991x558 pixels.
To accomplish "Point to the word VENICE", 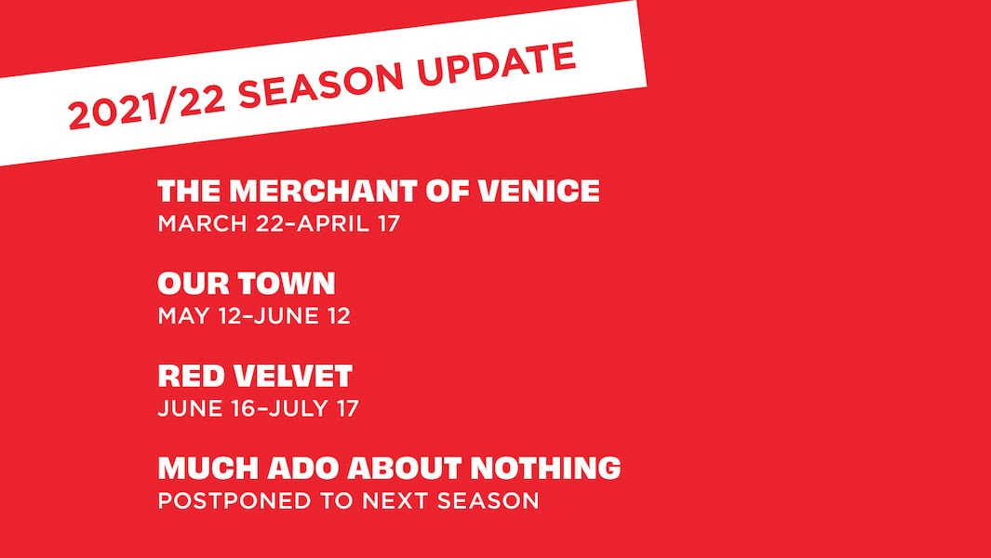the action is point(539,191).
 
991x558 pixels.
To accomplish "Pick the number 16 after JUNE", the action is point(245,408).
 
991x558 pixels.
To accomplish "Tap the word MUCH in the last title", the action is point(206,469).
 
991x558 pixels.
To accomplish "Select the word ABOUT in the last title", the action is point(405,469).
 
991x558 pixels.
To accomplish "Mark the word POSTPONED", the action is point(235,500).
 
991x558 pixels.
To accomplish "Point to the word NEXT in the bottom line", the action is point(394,500).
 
